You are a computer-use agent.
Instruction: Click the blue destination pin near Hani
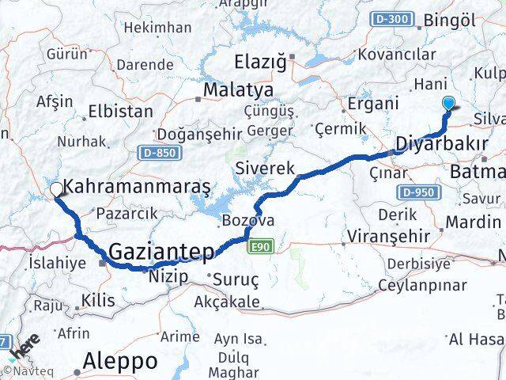(x=449, y=103)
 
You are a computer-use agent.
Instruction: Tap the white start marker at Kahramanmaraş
(x=57, y=189)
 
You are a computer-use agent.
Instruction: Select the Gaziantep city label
(x=162, y=253)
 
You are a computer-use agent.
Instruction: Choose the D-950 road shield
(x=416, y=192)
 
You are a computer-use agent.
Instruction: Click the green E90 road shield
(x=259, y=249)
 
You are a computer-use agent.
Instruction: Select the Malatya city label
(x=238, y=89)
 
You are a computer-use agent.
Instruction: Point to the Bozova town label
(x=248, y=219)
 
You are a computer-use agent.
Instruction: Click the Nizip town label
(x=168, y=276)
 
